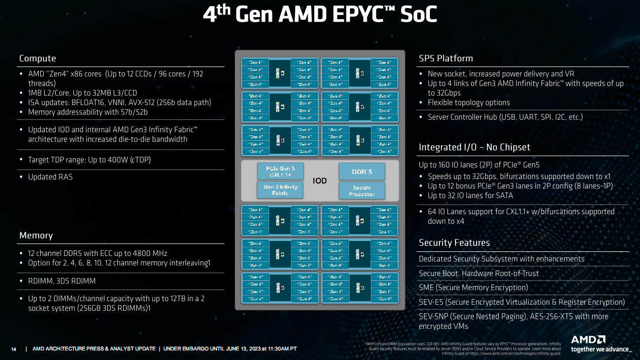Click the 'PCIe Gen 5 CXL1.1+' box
click(281, 171)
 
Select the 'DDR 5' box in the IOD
click(362, 171)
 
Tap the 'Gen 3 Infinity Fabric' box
click(281, 190)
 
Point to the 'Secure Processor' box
click(362, 190)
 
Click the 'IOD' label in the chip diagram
click(320, 181)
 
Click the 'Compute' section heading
click(38, 58)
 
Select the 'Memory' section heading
click(36, 235)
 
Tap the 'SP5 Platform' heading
click(446, 58)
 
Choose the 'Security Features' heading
click(454, 243)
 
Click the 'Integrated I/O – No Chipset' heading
click(475, 147)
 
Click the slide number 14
click(14, 349)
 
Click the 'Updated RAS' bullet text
click(49, 177)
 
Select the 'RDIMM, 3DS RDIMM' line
click(61, 281)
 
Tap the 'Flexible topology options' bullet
click(469, 103)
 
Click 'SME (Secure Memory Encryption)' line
click(473, 288)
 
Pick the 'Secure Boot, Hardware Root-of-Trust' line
click(479, 273)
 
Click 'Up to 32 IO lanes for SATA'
click(470, 195)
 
